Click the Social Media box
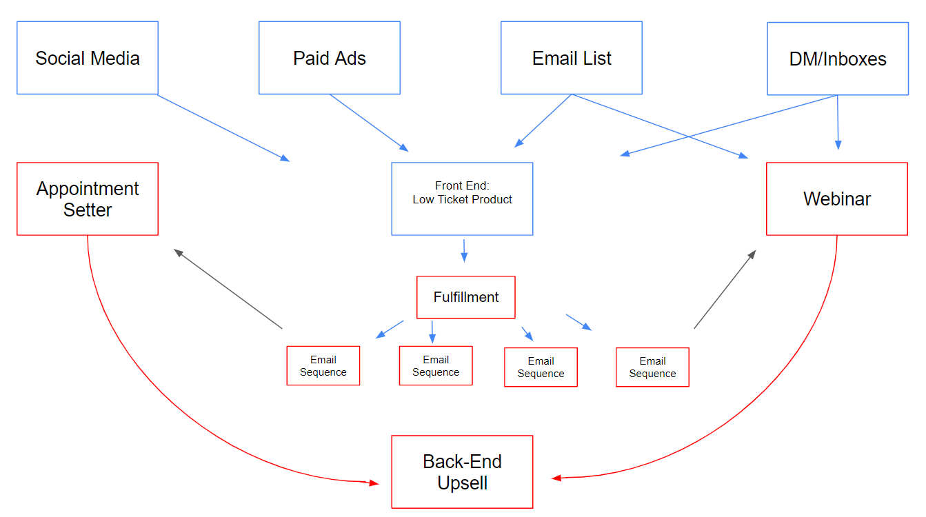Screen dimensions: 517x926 pos(88,58)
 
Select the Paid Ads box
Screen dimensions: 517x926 pos(330,58)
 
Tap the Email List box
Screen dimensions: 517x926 pos(572,58)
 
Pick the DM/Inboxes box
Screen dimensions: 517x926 pos(838,59)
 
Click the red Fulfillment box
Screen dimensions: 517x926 pos(466,297)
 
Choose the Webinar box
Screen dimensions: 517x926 pos(837,199)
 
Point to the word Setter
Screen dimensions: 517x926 pos(88,210)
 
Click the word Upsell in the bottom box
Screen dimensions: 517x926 pos(463,483)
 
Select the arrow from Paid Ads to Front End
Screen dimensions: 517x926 pos(369,123)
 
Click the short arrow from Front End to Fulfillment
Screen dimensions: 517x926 pos(463,250)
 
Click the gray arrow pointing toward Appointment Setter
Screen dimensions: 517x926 pos(228,289)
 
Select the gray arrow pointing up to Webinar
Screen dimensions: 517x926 pos(725,290)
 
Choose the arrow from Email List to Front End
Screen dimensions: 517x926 pos(543,121)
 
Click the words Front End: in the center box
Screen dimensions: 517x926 pos(462,185)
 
